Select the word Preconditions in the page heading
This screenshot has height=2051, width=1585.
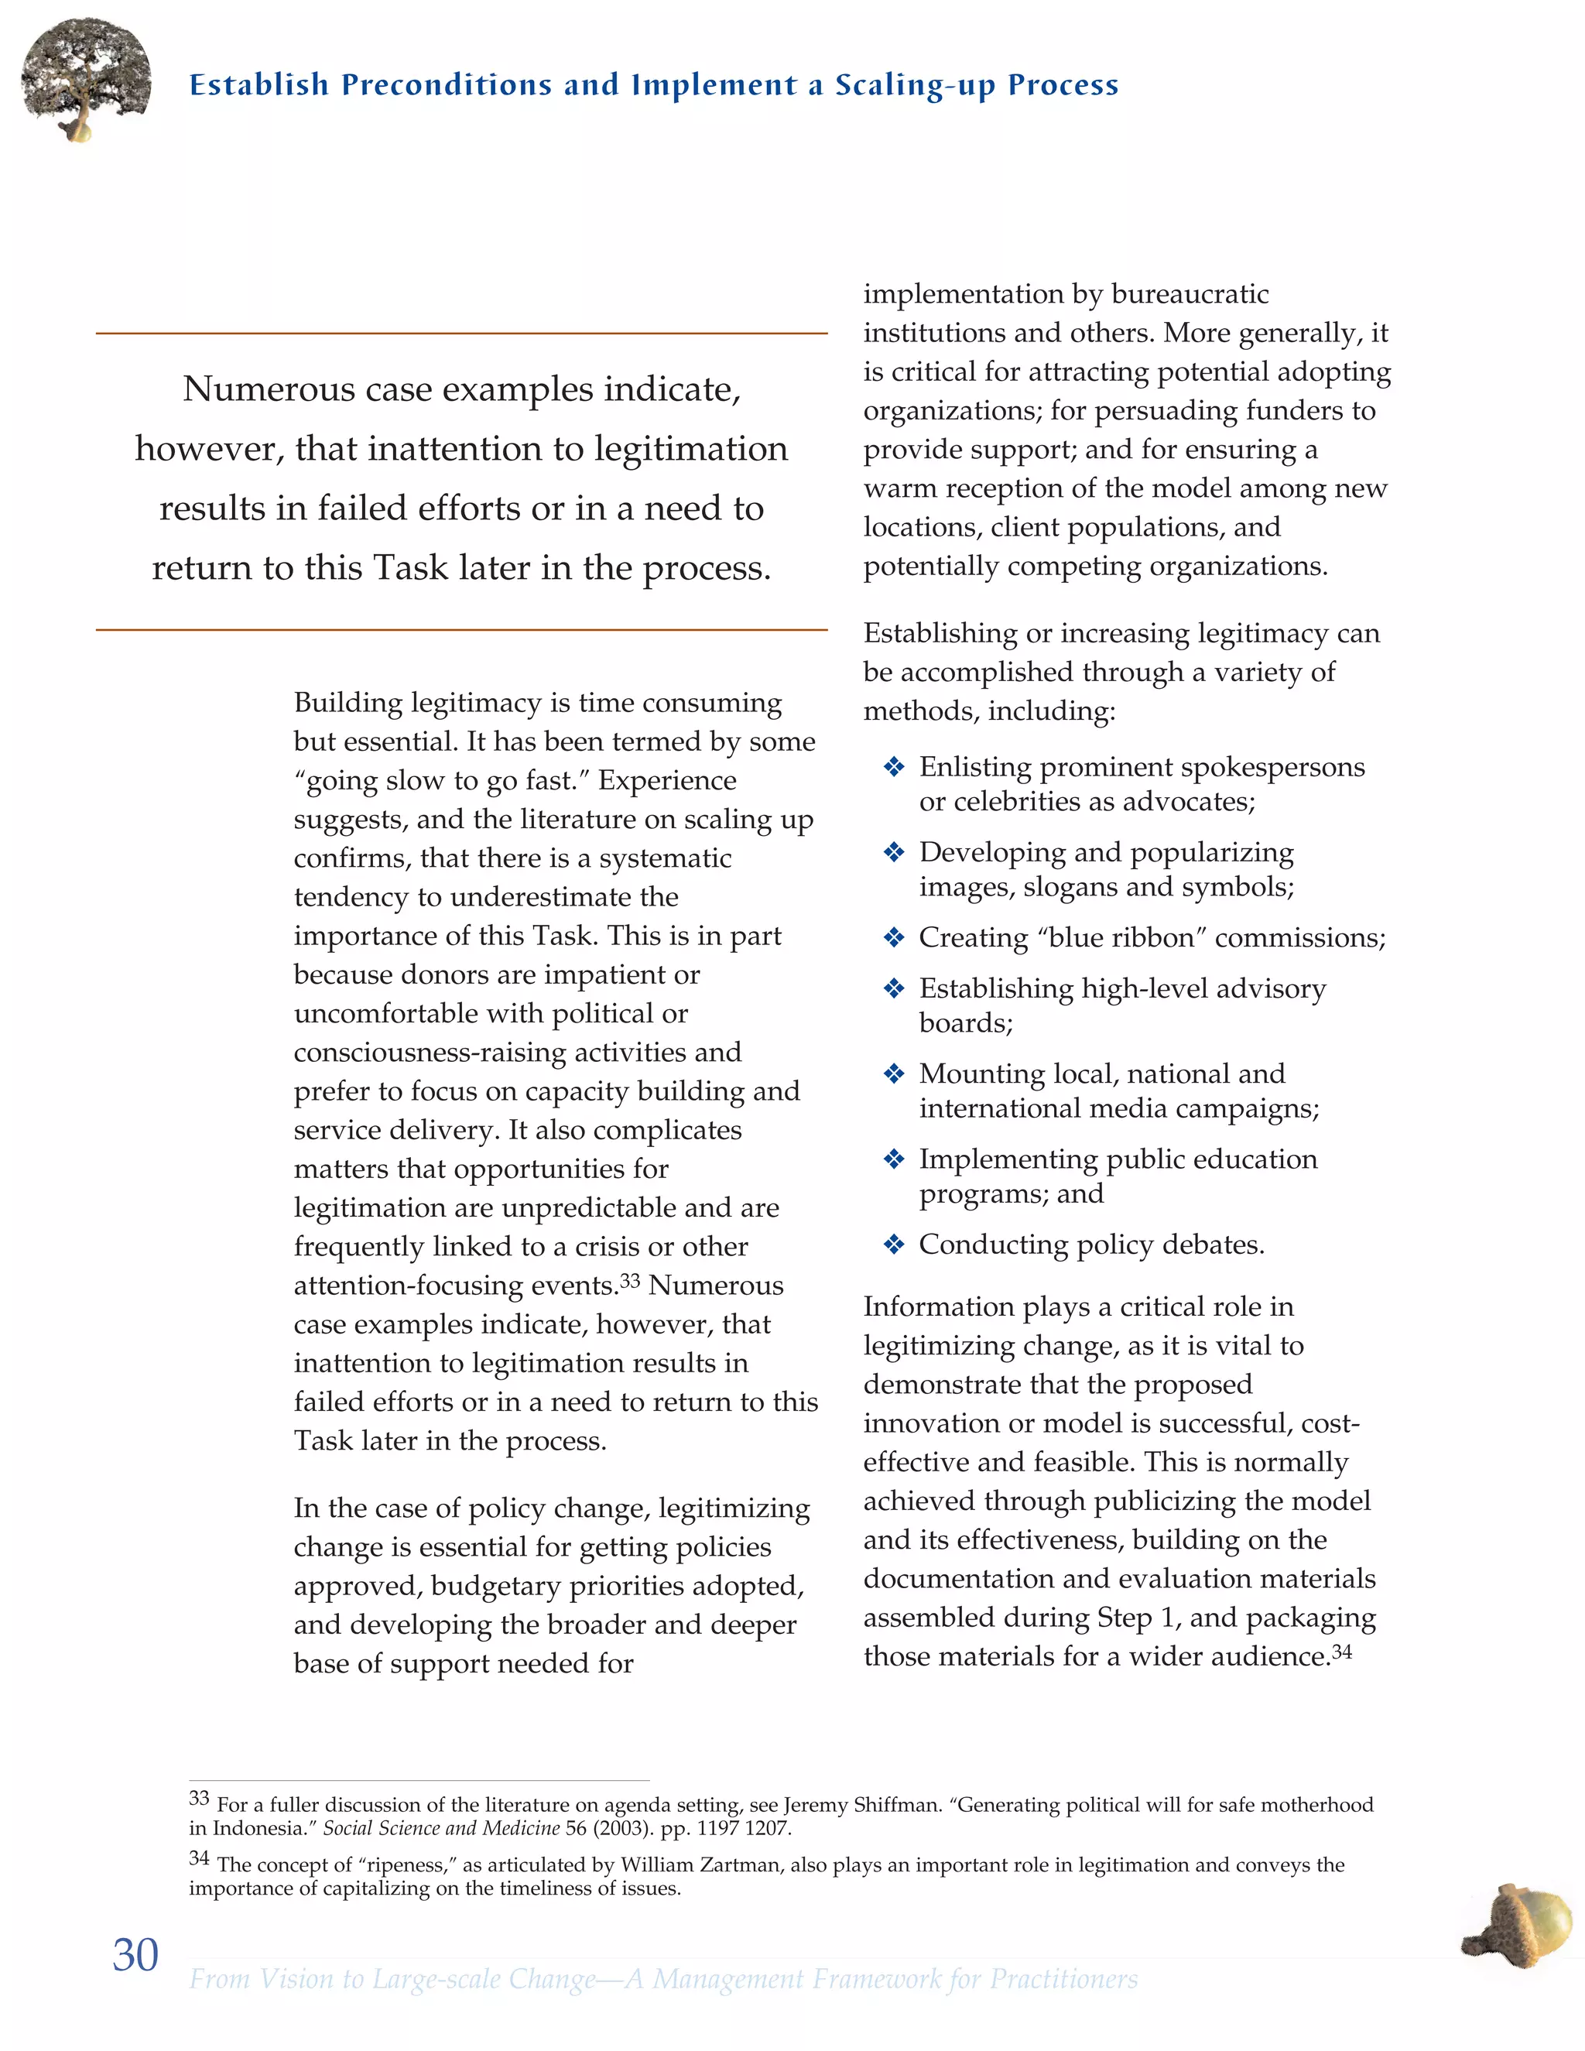[x=446, y=85]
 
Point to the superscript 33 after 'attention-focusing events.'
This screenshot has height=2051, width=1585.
[x=629, y=1281]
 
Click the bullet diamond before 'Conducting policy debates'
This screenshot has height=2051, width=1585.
[x=893, y=1245]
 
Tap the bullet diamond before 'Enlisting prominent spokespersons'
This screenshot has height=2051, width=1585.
[x=893, y=767]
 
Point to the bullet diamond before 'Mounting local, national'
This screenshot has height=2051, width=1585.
[x=893, y=1074]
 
